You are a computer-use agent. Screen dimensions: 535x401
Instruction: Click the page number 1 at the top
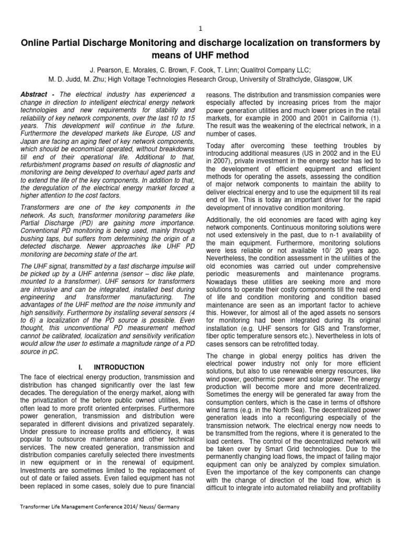tap(200, 28)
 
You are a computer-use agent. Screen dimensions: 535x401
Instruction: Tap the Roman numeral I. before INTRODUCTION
tap(81, 368)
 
